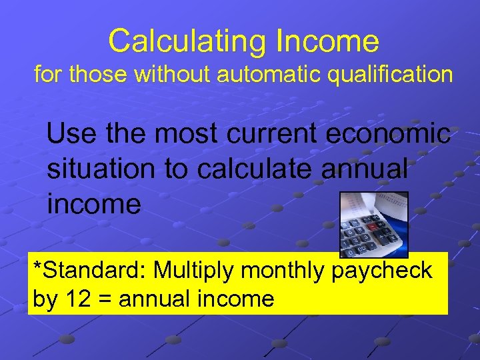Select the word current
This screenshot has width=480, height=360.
(x=277, y=134)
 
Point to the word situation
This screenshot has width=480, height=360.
(x=104, y=169)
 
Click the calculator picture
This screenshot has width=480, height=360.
(x=373, y=225)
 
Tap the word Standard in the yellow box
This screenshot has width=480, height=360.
(x=95, y=271)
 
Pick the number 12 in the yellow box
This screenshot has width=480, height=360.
(x=75, y=299)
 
